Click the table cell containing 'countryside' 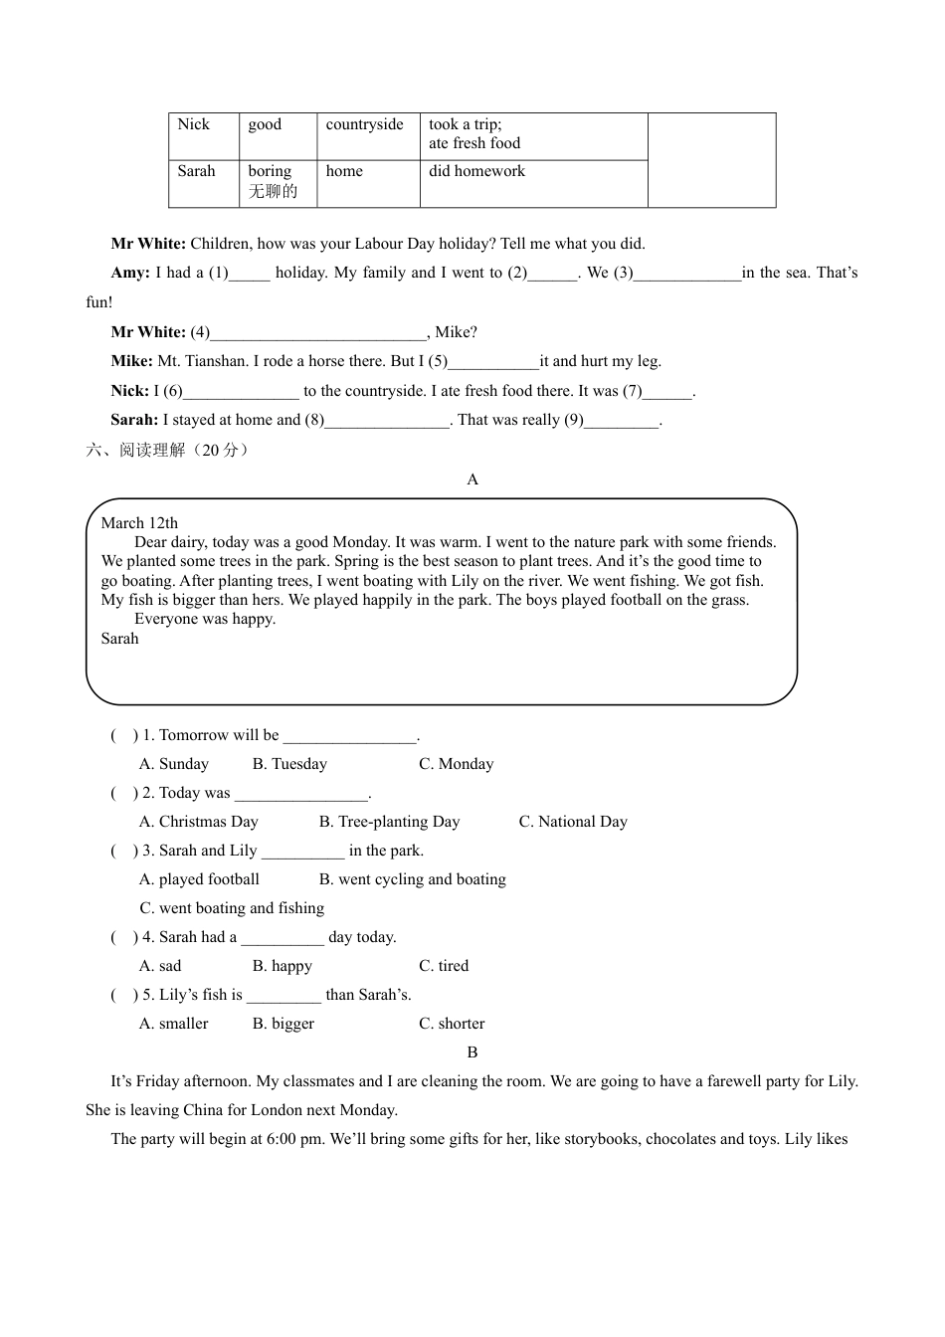(365, 125)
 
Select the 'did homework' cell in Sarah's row (476, 171)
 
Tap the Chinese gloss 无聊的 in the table (273, 191)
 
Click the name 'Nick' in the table (194, 124)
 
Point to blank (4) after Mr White (319, 333)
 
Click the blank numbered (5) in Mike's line (494, 362)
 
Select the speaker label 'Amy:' (131, 273)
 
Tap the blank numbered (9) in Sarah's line (622, 421)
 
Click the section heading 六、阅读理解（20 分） (168, 450)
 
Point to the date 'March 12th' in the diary (139, 523)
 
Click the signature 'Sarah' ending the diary (120, 639)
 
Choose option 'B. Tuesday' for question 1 (289, 764)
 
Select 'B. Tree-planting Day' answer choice (389, 822)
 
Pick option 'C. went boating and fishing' (232, 908)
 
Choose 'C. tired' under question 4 (444, 966)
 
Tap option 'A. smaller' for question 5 (174, 1024)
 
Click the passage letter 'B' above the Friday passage (472, 1052)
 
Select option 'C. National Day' (573, 822)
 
